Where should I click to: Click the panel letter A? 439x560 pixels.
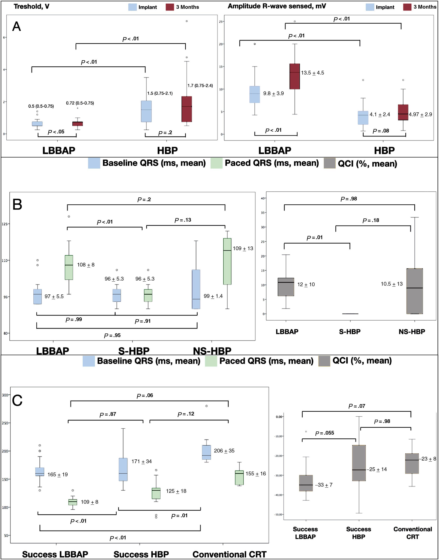click(x=17, y=26)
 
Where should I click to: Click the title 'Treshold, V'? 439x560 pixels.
click(x=31, y=6)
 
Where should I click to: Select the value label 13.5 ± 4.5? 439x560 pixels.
click(x=312, y=73)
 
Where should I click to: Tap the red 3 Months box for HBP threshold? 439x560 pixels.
click(x=187, y=109)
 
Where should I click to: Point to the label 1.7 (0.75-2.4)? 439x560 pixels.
click(x=200, y=86)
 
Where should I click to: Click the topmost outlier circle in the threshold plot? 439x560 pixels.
click(x=187, y=21)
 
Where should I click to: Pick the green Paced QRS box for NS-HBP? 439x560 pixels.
click(x=227, y=261)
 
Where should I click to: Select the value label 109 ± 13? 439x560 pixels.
click(x=243, y=248)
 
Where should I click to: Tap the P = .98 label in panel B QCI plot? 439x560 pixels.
click(x=349, y=199)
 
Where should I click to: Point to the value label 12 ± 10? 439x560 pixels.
click(x=306, y=284)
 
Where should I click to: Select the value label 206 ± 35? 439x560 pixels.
click(x=224, y=451)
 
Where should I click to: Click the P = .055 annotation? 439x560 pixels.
click(x=324, y=433)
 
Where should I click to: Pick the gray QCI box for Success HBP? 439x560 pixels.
click(x=359, y=463)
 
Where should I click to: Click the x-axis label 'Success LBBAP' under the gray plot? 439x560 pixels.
click(x=305, y=533)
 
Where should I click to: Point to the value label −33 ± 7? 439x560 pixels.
click(x=324, y=485)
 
